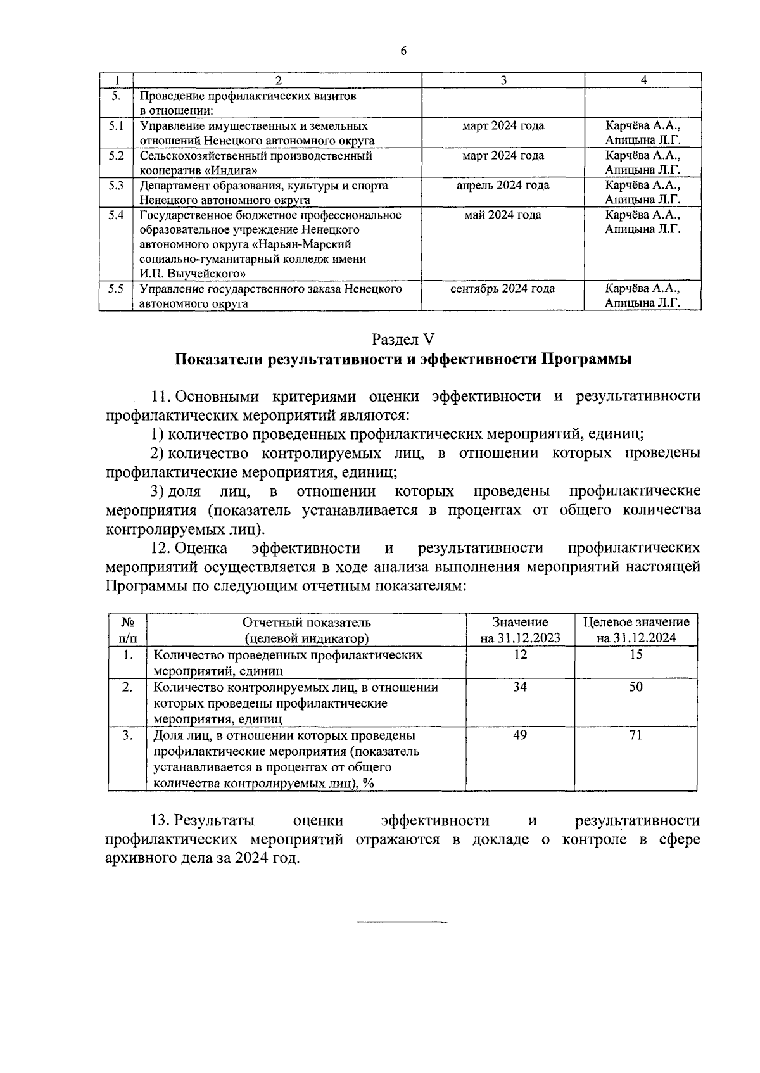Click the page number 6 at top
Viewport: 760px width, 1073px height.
(x=403, y=51)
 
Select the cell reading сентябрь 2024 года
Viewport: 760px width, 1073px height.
(x=502, y=289)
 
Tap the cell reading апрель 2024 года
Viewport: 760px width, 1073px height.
(x=502, y=186)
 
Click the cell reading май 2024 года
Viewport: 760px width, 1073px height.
(x=502, y=215)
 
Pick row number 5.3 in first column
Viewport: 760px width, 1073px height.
(x=115, y=186)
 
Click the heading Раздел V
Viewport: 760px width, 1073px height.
(x=403, y=338)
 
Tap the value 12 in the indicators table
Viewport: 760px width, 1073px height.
(x=520, y=655)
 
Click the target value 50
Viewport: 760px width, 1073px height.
(x=636, y=687)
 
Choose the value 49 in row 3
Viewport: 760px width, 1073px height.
(x=520, y=735)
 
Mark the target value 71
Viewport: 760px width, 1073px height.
(x=636, y=735)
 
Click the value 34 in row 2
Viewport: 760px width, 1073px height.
(x=520, y=687)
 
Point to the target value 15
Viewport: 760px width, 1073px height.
(x=636, y=655)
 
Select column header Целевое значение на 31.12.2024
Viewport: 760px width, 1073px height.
(x=636, y=630)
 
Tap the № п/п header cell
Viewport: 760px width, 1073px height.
(x=127, y=630)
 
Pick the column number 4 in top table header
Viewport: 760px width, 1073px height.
(x=643, y=80)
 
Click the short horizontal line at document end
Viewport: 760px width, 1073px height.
(x=402, y=922)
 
